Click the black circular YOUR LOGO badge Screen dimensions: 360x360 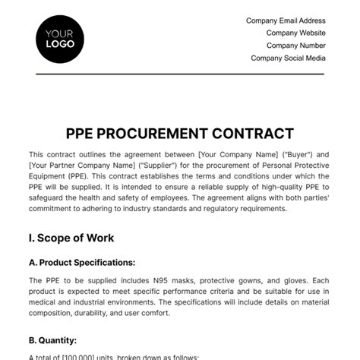(x=59, y=39)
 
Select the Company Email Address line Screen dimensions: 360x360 (x=286, y=21)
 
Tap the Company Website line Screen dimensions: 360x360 (x=295, y=33)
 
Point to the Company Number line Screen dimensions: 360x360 (x=297, y=46)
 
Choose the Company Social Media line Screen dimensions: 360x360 (x=288, y=58)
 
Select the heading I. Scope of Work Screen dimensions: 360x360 (x=71, y=238)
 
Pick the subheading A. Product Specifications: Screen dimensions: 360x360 (x=81, y=263)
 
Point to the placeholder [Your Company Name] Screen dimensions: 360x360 (x=236, y=153)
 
